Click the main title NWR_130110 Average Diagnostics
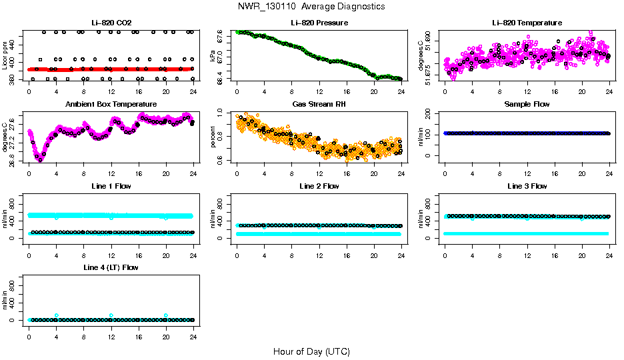pos(311,7)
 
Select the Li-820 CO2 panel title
pos(111,23)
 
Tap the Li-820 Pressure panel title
pos(319,23)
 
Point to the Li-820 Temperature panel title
pos(527,23)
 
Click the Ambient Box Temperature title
pos(111,104)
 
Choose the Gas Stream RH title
pos(319,104)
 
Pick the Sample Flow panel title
pos(527,104)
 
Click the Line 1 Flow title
pos(111,186)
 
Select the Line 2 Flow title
pos(319,186)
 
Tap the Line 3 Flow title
pos(527,186)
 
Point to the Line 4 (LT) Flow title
pos(111,267)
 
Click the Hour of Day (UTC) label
pos(311,351)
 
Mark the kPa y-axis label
pos(213,56)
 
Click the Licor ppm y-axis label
pos(5,56)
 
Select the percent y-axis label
pos(213,137)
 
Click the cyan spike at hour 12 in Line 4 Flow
pos(111,315)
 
